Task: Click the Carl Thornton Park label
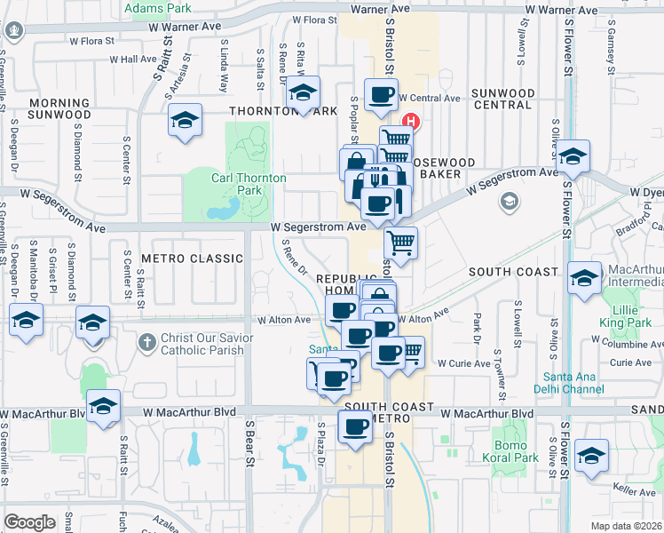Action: pyautogui.click(x=249, y=184)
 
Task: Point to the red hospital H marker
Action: pyautogui.click(x=411, y=121)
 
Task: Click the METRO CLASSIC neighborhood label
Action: pyautogui.click(x=192, y=259)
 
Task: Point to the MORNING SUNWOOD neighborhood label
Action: pyautogui.click(x=59, y=108)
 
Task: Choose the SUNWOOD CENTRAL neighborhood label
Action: pyautogui.click(x=503, y=99)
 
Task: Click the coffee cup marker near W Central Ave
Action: pyautogui.click(x=381, y=94)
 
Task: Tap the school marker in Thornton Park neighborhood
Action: pyautogui.click(x=303, y=92)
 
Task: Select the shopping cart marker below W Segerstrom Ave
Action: pyautogui.click(x=401, y=240)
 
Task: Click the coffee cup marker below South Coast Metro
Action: pyautogui.click(x=356, y=426)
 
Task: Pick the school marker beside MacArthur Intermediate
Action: pyautogui.click(x=584, y=278)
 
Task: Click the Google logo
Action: pyautogui.click(x=29, y=521)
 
